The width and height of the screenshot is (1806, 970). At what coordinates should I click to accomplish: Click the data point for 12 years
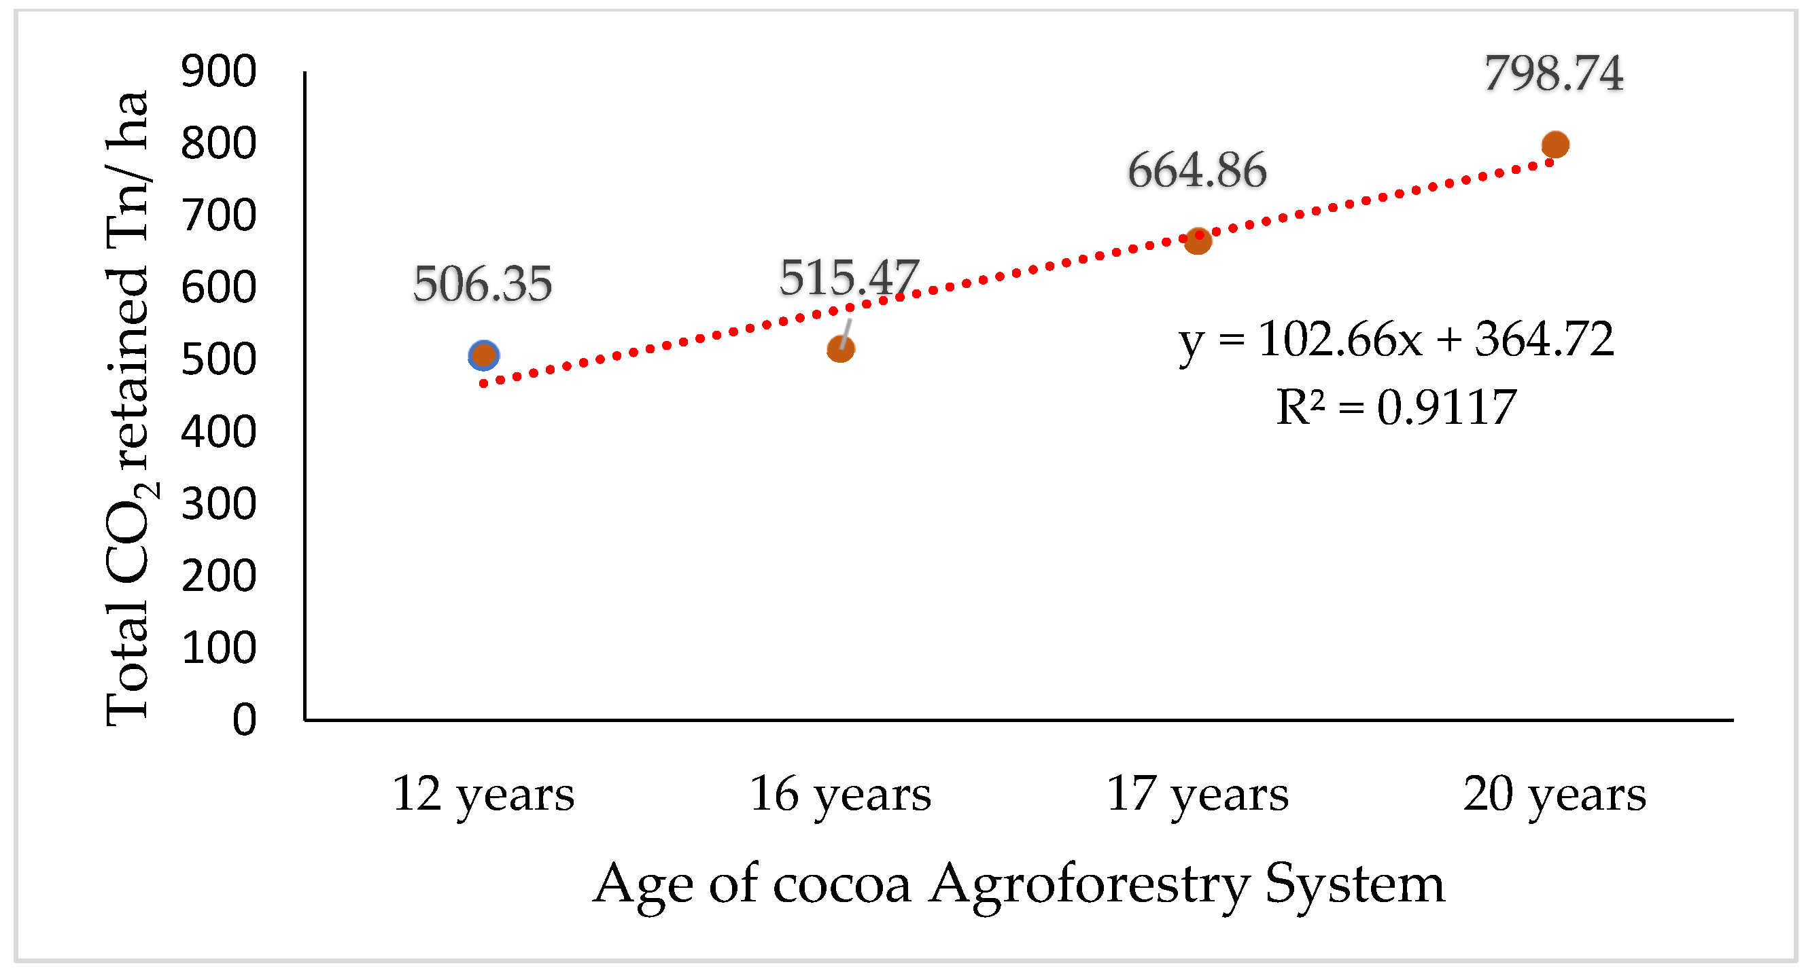tap(483, 355)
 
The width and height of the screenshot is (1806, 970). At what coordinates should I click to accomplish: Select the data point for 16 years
tap(841, 348)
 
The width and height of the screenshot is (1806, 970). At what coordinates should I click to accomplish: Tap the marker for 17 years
tap(1198, 241)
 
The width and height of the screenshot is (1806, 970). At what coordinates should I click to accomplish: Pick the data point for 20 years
tap(1555, 145)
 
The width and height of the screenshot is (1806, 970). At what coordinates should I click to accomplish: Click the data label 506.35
tap(483, 285)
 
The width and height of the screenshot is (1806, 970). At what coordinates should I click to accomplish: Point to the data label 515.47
tap(848, 278)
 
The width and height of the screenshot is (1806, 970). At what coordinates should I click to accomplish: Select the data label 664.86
tap(1198, 170)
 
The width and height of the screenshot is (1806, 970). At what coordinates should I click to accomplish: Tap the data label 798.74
tap(1554, 73)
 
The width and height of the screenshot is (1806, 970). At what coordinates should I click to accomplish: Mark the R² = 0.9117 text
tap(1396, 407)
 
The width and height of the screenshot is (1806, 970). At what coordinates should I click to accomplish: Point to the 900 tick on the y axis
tap(219, 71)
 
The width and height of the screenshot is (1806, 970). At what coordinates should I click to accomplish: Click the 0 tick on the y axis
tap(244, 720)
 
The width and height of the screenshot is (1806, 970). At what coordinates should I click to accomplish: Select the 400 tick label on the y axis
tap(219, 432)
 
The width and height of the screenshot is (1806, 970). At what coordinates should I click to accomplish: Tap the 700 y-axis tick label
tap(219, 216)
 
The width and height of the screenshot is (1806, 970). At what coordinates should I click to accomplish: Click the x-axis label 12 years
tap(483, 795)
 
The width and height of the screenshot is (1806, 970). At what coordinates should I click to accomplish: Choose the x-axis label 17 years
tap(1198, 795)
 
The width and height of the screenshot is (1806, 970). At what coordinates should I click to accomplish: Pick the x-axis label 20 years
tap(1555, 795)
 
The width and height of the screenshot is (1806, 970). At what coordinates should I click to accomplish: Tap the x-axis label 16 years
tap(841, 795)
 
